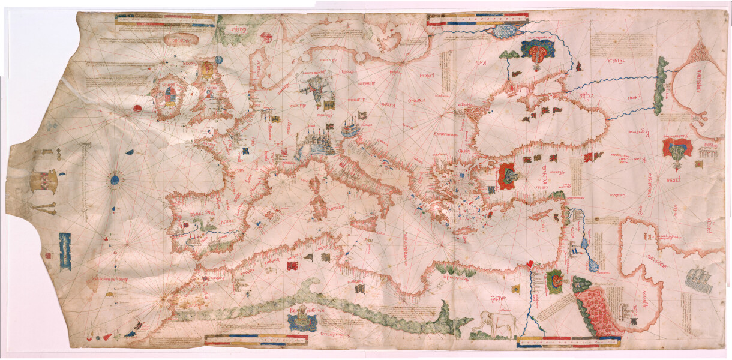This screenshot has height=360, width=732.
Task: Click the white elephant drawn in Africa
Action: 496,325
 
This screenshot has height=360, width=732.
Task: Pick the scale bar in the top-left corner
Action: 165,21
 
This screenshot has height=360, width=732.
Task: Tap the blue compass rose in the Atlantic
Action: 114,178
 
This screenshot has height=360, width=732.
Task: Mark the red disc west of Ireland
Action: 136,109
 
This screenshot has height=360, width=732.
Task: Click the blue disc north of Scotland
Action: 218,59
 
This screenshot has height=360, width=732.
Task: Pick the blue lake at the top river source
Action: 509,29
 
